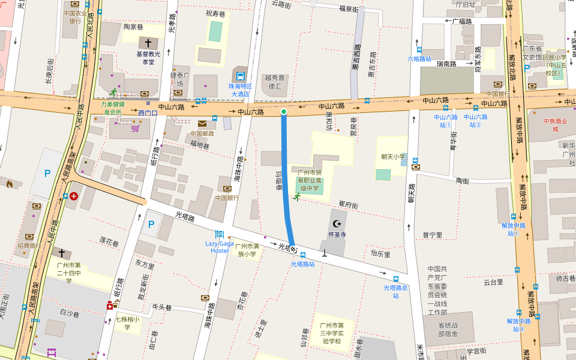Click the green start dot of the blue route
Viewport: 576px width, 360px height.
(284, 112)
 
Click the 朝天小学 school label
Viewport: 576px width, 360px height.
(393, 157)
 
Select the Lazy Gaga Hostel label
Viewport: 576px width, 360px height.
(220, 247)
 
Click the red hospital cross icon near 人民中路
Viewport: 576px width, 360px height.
(73, 196)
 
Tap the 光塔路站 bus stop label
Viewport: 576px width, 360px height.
(303, 263)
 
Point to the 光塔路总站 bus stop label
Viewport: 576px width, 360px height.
(396, 291)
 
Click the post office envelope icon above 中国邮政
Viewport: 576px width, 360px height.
(202, 123)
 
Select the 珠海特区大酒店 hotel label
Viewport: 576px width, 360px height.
(240, 90)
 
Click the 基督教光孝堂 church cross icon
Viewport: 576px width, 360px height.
(148, 43)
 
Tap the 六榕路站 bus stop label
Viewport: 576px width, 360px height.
(419, 59)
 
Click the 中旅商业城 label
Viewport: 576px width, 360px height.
(555, 125)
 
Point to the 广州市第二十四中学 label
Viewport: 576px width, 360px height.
(68, 272)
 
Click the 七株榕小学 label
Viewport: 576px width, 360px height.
(127, 323)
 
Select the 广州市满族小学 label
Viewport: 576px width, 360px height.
(247, 250)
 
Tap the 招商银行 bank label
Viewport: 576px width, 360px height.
(29, 245)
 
